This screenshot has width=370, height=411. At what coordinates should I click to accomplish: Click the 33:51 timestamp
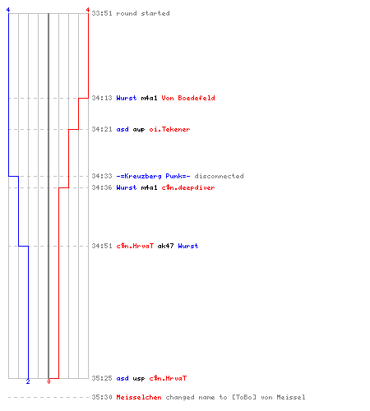click(102, 13)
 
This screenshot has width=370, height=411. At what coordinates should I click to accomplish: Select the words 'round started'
click(143, 13)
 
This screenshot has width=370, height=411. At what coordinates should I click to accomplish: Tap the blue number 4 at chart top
click(8, 10)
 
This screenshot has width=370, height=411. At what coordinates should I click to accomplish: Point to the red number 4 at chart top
click(88, 10)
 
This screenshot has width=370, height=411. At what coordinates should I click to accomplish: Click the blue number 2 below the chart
click(28, 381)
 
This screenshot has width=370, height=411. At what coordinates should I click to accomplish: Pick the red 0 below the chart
click(49, 381)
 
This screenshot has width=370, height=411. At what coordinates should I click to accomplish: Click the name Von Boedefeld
click(188, 98)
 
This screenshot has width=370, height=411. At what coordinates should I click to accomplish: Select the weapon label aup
click(139, 130)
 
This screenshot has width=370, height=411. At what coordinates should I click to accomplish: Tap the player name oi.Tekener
click(169, 129)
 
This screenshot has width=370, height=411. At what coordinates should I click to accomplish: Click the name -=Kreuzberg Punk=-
click(153, 176)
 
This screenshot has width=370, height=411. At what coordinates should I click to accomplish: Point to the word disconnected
click(220, 176)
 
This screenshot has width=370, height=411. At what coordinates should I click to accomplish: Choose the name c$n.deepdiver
click(188, 187)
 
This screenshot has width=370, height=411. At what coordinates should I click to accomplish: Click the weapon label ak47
click(165, 246)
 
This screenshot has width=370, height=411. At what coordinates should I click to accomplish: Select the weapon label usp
click(139, 379)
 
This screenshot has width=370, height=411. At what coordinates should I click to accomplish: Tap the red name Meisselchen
click(139, 397)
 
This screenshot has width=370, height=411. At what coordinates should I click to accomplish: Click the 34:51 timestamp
click(102, 246)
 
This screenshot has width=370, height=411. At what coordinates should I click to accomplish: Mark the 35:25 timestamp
click(102, 378)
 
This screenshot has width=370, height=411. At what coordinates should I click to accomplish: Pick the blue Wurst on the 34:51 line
click(188, 246)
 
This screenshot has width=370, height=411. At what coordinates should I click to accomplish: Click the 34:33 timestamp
click(102, 176)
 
